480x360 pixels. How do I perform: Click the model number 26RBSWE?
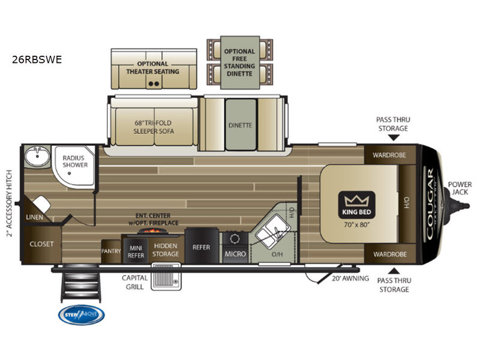tap(37, 59)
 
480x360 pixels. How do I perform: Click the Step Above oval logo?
tap(81, 315)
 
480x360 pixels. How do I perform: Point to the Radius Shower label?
tap(76, 161)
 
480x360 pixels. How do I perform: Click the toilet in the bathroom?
tap(41, 204)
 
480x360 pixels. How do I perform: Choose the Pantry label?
tap(111, 251)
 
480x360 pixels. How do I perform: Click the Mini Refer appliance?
tap(136, 251)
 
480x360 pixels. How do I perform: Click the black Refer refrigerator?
tap(200, 247)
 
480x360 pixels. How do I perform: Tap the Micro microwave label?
tap(235, 254)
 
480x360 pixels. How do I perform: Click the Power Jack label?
tap(459, 188)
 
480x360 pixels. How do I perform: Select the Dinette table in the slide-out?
tap(240, 125)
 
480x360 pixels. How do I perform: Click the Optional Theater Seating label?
tap(152, 68)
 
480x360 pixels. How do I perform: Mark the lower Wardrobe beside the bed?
tap(389, 254)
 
